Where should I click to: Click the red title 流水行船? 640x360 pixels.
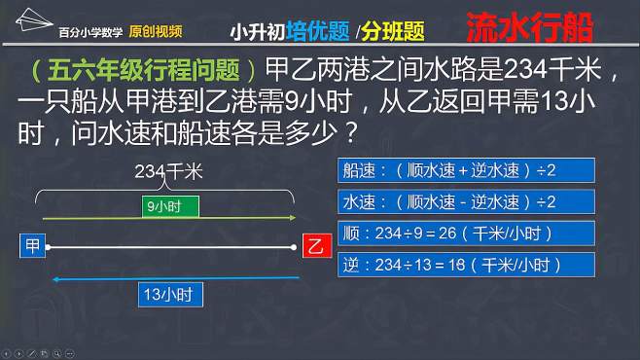tap(543, 27)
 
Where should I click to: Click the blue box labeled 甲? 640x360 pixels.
tap(32, 246)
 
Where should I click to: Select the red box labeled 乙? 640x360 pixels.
tap(313, 246)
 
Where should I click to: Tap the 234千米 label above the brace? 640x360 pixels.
tap(167, 171)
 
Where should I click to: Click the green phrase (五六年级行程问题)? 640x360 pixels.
tap(142, 72)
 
